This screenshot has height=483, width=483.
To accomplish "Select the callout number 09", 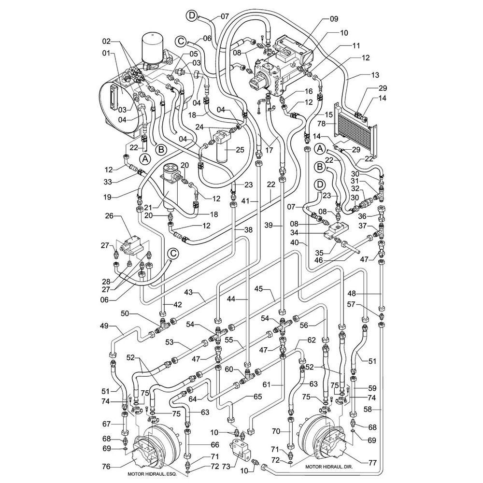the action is pyautogui.click(x=334, y=19).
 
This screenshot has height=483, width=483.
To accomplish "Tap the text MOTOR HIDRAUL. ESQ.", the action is pyautogui.click(x=152, y=474).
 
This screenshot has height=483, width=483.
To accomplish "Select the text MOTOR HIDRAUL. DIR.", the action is pyautogui.click(x=329, y=467).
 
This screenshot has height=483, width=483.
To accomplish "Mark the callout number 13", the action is pyautogui.click(x=375, y=75).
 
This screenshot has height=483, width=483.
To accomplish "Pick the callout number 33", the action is pyautogui.click(x=107, y=183).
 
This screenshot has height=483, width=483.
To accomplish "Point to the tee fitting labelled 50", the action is pyautogui.click(x=163, y=324).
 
